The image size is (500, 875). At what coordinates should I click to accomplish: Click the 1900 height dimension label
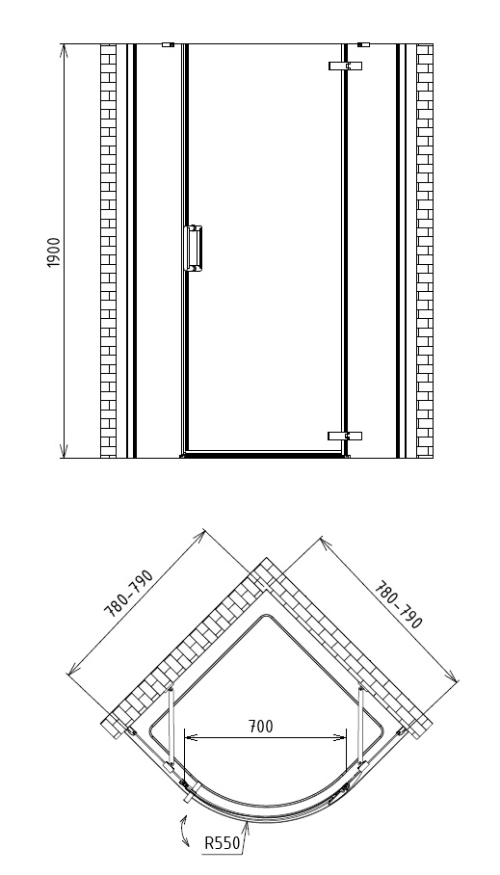(54, 252)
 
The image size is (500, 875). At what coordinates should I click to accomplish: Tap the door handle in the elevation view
(193, 249)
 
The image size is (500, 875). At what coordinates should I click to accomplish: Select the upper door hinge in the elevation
(346, 66)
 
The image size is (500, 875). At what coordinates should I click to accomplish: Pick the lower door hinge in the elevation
(345, 436)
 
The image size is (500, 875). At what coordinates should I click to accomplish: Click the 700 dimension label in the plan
(261, 727)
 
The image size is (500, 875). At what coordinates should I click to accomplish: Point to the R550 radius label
(222, 842)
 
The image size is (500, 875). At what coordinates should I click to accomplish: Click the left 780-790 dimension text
(128, 594)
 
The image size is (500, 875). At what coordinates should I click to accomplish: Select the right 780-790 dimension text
(399, 605)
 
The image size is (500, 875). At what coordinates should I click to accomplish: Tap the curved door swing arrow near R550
(184, 831)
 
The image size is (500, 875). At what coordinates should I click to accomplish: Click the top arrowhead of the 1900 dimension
(64, 50)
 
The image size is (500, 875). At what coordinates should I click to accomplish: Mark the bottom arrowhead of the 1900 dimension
(64, 451)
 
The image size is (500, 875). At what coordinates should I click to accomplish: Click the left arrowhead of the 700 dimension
(191, 738)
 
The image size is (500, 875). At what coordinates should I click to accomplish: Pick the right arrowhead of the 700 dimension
(340, 738)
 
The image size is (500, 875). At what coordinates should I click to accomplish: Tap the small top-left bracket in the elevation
(168, 44)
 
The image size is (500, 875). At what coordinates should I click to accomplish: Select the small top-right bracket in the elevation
(363, 44)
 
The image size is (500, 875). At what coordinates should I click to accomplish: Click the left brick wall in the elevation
(108, 252)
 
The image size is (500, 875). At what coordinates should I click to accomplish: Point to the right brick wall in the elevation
(425, 252)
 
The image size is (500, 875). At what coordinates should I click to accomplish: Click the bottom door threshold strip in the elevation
(265, 456)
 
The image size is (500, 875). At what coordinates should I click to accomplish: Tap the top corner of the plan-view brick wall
(266, 558)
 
